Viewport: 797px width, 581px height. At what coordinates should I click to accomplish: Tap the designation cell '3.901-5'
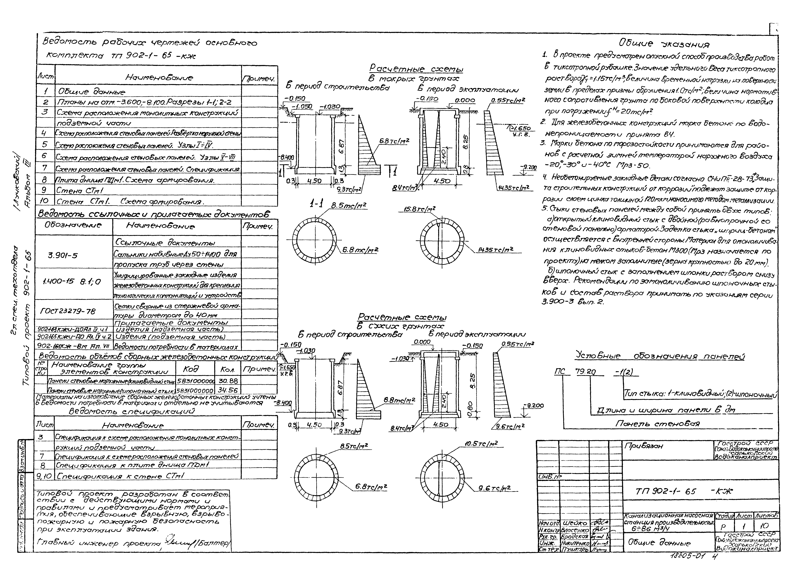(x=63, y=255)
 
